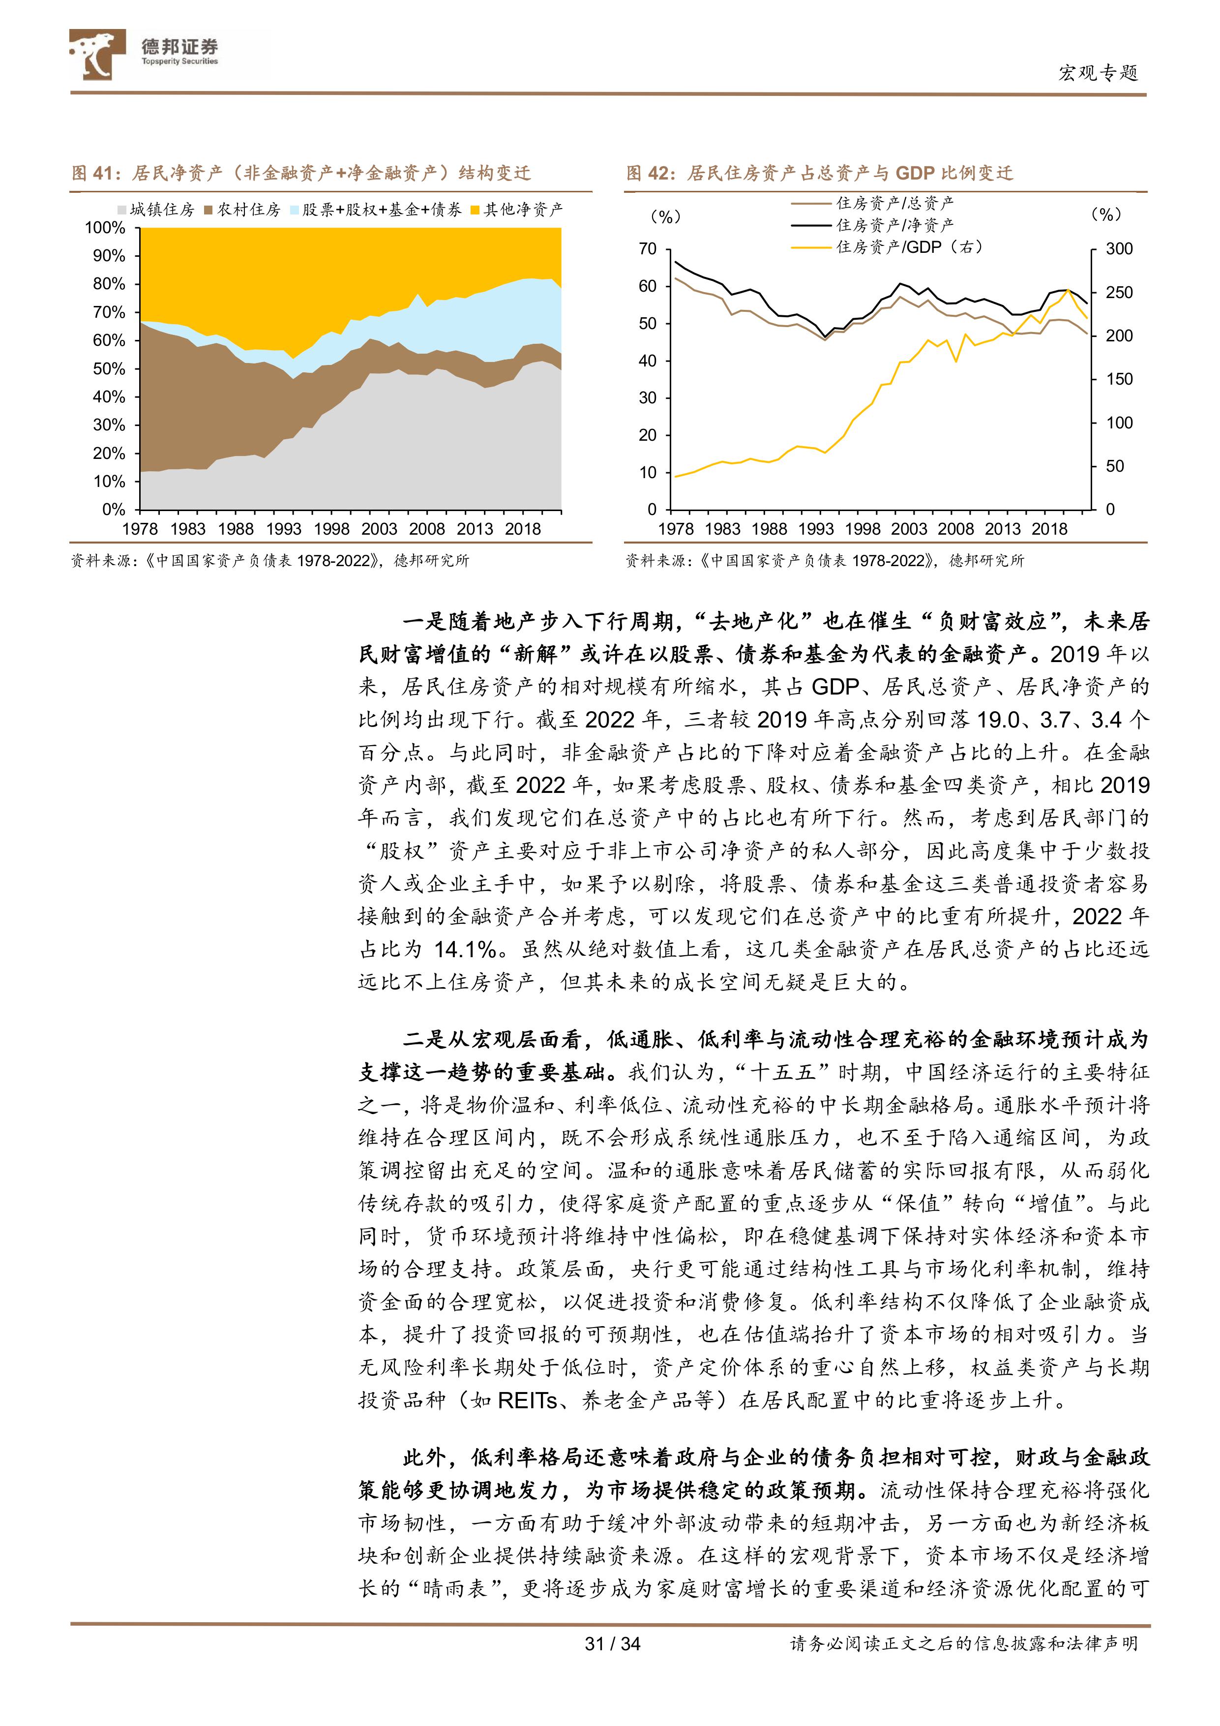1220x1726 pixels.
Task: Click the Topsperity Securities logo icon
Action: click(x=96, y=54)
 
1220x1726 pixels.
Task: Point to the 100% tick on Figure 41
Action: click(x=105, y=228)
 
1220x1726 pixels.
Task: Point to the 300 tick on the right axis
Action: click(x=1119, y=249)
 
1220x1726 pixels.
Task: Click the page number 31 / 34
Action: click(x=612, y=1643)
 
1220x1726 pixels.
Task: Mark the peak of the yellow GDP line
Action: click(x=1068, y=289)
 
